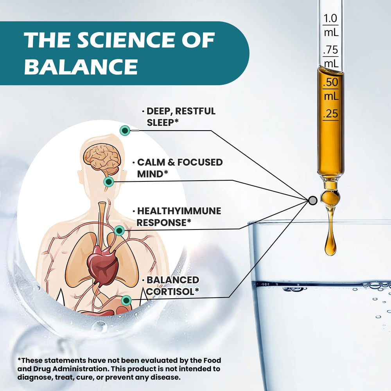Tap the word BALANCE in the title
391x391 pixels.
tap(81, 66)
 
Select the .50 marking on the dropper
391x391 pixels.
tap(331, 83)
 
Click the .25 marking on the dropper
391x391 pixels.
tap(331, 114)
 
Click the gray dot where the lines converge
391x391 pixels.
tap(312, 201)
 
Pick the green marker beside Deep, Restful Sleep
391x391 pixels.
tap(125, 131)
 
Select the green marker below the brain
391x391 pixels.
tap(109, 181)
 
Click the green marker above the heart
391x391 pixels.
tap(120, 231)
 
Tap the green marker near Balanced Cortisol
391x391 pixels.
tap(126, 300)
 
